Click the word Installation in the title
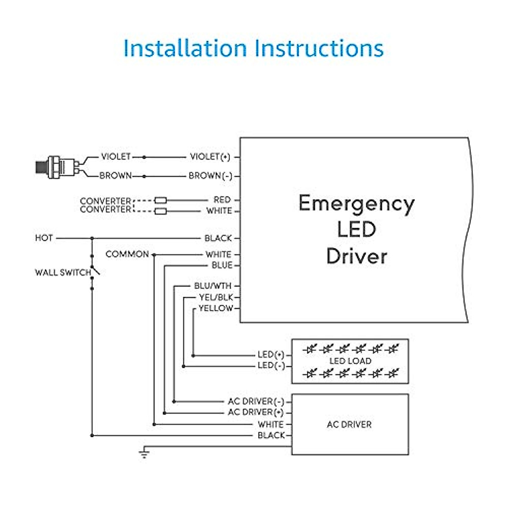pyautogui.click(x=185, y=48)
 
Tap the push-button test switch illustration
pyautogui.click(x=58, y=167)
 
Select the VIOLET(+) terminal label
pyautogui.click(x=210, y=157)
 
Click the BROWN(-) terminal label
pyautogui.click(x=210, y=176)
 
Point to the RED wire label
pyautogui.click(x=222, y=200)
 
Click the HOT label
pyautogui.click(x=44, y=238)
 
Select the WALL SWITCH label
pyautogui.click(x=63, y=272)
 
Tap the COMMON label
pyautogui.click(x=127, y=254)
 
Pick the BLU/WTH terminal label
pyautogui.click(x=213, y=286)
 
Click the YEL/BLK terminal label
pyautogui.click(x=216, y=297)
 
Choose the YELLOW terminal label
pyautogui.click(x=215, y=308)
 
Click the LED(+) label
pyautogui.click(x=271, y=355)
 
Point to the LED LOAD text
pyautogui.click(x=351, y=361)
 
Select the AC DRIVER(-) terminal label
pyautogui.click(x=256, y=401)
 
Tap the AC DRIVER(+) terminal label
pyautogui.click(x=256, y=412)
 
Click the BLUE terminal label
pyautogui.click(x=222, y=265)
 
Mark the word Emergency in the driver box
pyautogui.click(x=356, y=204)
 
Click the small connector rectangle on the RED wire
pyautogui.click(x=160, y=200)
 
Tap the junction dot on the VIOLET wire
pyautogui.click(x=144, y=157)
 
